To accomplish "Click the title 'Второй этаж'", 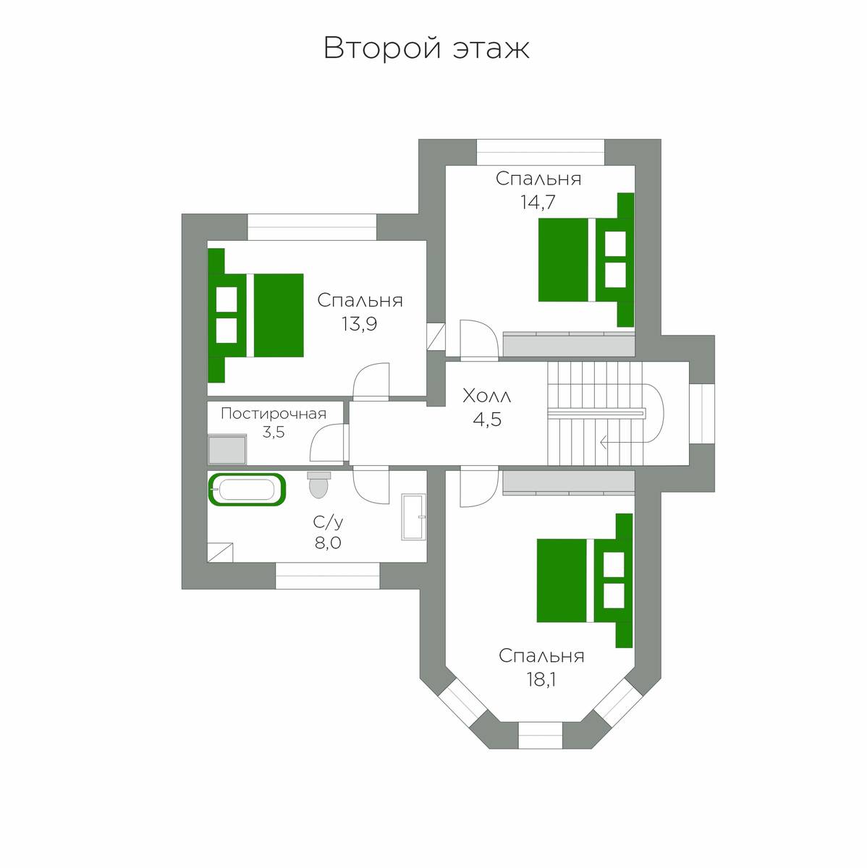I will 426,48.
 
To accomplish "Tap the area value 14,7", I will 538,202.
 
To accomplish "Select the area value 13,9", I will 360,323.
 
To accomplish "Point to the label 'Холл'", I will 486,396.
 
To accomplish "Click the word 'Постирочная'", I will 274,414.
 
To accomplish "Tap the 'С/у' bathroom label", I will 328,522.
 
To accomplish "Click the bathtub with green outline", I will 246,490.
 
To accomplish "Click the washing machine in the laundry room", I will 227,449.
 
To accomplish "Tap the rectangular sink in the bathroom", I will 413,516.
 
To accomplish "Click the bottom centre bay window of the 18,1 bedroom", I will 540,735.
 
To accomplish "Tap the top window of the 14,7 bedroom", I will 540,152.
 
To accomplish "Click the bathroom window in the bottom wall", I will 328,576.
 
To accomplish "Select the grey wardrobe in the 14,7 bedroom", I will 568,344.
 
